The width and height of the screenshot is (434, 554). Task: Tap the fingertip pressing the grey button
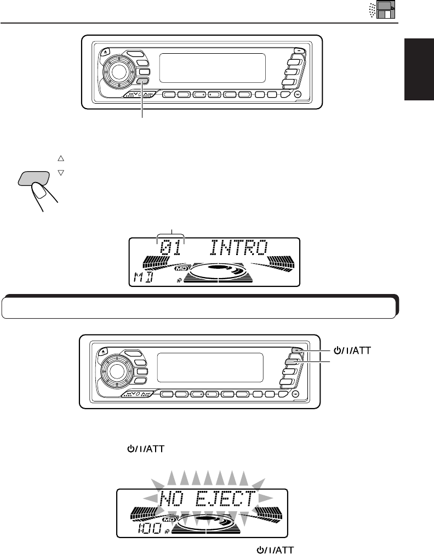click(x=37, y=191)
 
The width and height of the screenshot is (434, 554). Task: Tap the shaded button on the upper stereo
click(x=144, y=82)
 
